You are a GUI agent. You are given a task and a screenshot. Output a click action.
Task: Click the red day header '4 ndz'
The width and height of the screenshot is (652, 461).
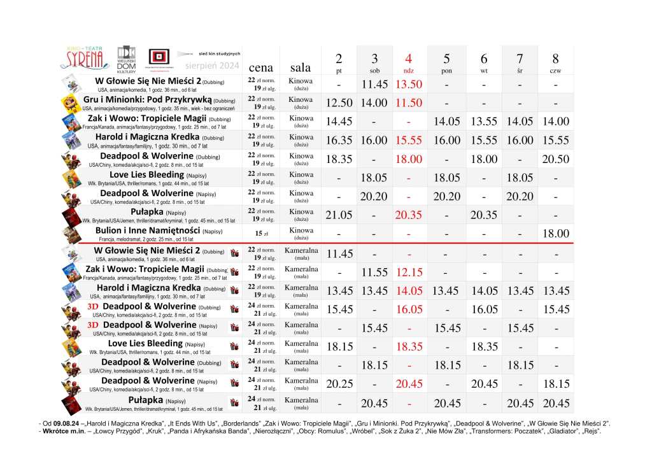tap(409, 62)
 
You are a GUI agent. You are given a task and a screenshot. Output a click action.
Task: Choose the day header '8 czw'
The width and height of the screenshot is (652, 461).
tap(555, 62)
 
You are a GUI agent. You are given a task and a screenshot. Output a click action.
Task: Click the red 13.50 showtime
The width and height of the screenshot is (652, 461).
tap(409, 85)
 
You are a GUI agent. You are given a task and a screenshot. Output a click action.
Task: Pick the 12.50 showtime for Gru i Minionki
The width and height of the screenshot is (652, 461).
tap(339, 103)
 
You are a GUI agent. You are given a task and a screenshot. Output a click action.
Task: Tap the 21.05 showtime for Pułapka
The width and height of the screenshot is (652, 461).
tap(339, 215)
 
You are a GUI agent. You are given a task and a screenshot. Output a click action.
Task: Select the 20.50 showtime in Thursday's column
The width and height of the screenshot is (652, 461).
tap(555, 159)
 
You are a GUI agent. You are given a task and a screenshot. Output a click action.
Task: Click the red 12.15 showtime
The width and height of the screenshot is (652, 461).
tap(409, 273)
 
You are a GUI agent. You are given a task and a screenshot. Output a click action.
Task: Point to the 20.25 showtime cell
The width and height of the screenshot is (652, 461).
tap(339, 385)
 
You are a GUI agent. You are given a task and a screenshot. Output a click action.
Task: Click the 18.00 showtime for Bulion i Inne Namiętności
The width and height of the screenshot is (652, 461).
tap(555, 234)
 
